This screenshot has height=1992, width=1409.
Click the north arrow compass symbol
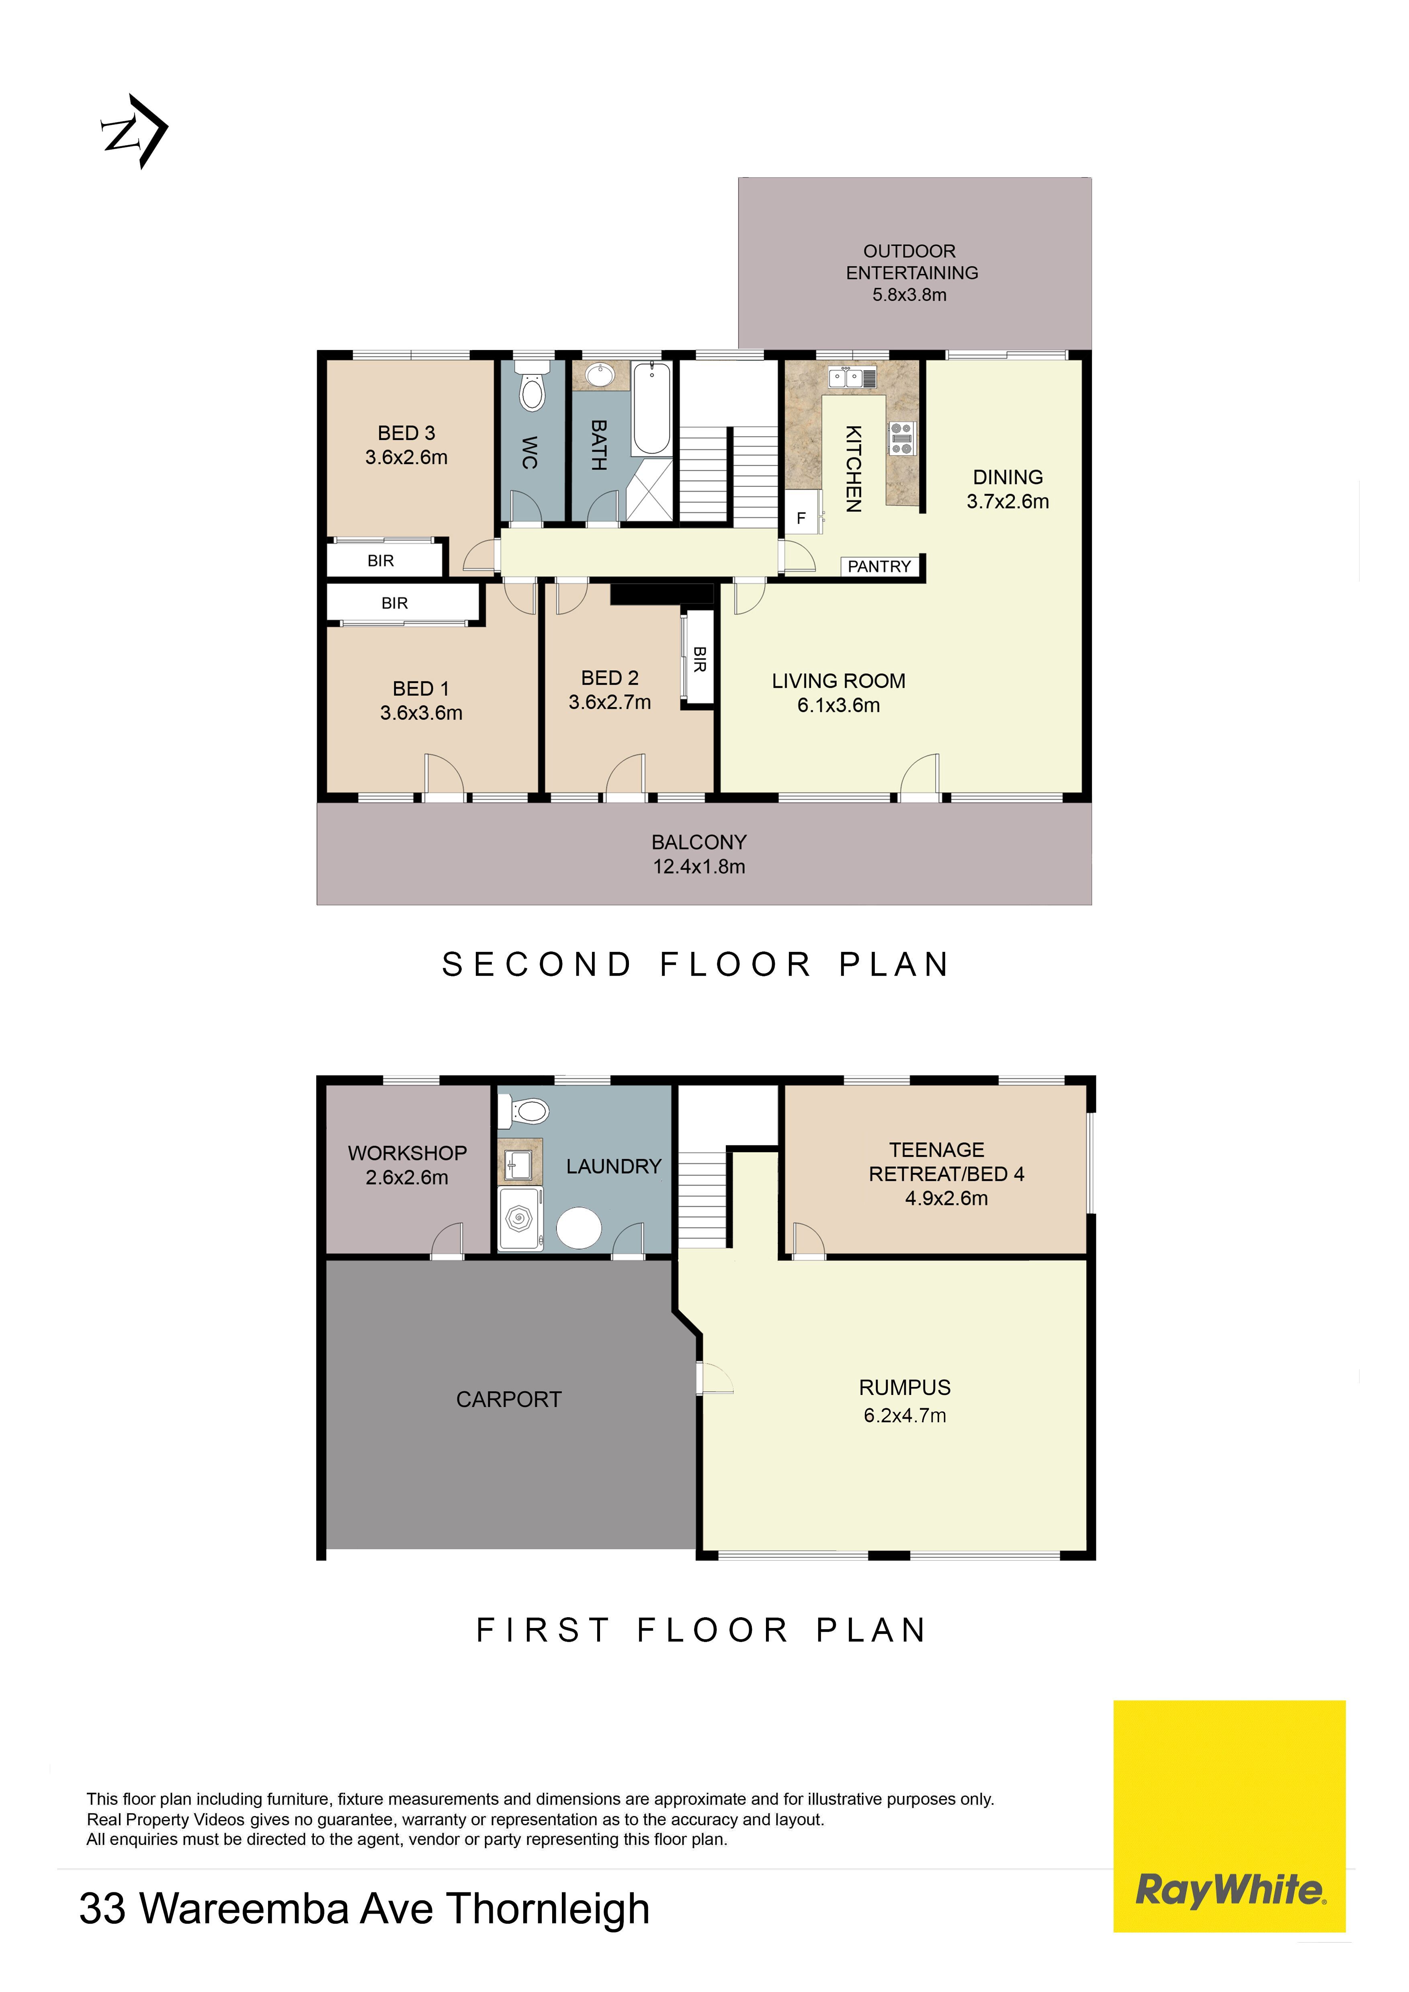(135, 131)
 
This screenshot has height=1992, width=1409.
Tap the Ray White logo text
(1230, 1890)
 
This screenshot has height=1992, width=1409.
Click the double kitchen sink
(852, 377)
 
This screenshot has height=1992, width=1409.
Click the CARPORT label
(509, 1399)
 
